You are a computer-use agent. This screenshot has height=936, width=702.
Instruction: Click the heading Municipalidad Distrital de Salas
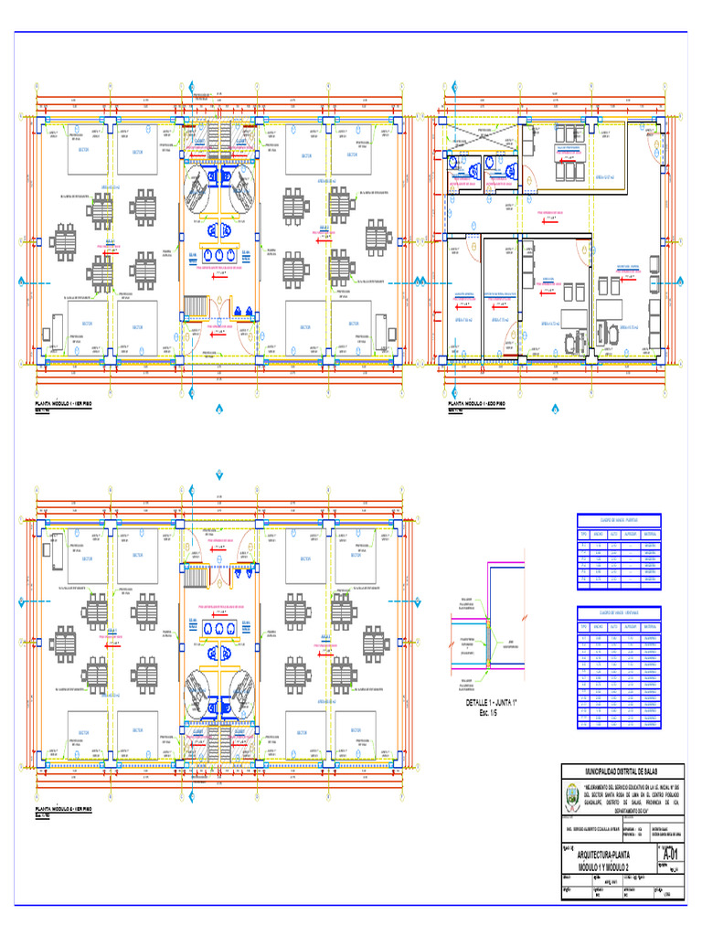(x=622, y=772)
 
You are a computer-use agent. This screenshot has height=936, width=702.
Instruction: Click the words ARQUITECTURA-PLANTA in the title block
(x=604, y=856)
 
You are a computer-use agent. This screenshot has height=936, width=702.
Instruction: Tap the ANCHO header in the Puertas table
(x=599, y=534)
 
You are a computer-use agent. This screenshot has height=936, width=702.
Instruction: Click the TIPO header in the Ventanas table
(x=583, y=626)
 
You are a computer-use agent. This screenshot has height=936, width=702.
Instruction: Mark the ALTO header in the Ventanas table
(x=615, y=626)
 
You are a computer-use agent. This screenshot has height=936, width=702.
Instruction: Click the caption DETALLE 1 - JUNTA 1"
(x=492, y=702)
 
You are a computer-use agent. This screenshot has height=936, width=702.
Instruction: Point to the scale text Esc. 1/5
(x=492, y=712)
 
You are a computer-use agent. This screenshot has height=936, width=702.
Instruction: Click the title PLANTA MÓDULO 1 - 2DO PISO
(x=477, y=403)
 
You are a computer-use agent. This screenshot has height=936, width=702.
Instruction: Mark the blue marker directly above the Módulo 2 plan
(x=219, y=474)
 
